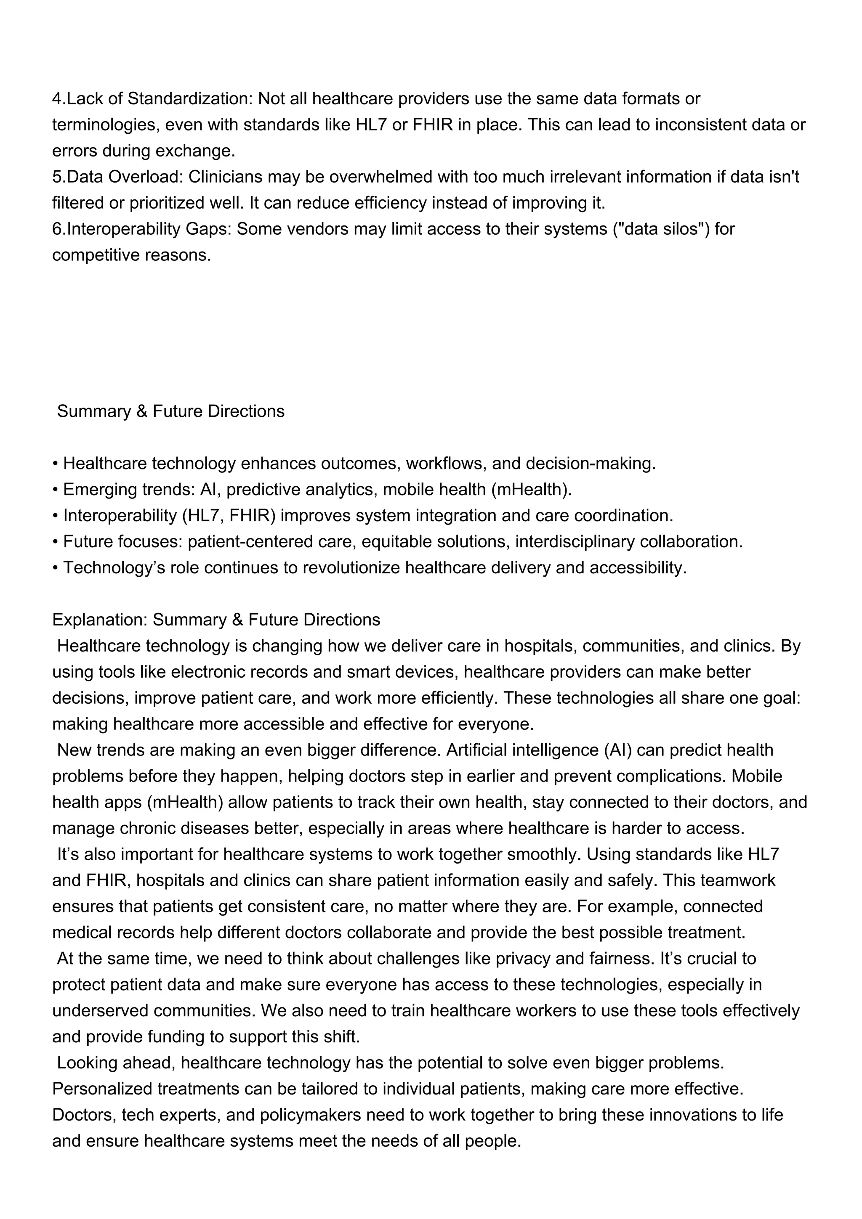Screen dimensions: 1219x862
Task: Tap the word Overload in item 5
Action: (145, 177)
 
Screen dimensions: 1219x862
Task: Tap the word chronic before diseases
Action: (149, 828)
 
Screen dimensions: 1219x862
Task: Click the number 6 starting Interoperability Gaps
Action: (56, 229)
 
